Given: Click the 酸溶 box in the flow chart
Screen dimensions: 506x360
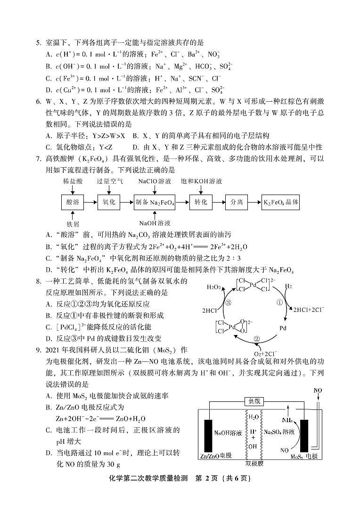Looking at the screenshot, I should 73,202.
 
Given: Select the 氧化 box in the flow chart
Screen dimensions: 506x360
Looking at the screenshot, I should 109,202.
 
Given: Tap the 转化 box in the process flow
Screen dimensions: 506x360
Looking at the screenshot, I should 201,202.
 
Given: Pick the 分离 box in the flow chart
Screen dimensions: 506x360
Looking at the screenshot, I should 237,202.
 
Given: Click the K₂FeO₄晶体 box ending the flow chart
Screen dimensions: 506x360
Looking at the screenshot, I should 281,202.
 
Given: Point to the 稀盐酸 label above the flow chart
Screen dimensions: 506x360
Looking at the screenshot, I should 73,181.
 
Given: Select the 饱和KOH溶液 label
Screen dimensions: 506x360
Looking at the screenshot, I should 201,181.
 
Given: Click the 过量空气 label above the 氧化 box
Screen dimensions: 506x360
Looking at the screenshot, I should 110,181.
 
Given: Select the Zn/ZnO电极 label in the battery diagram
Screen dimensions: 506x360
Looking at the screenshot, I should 216,456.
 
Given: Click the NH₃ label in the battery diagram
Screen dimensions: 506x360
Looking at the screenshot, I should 287,420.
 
